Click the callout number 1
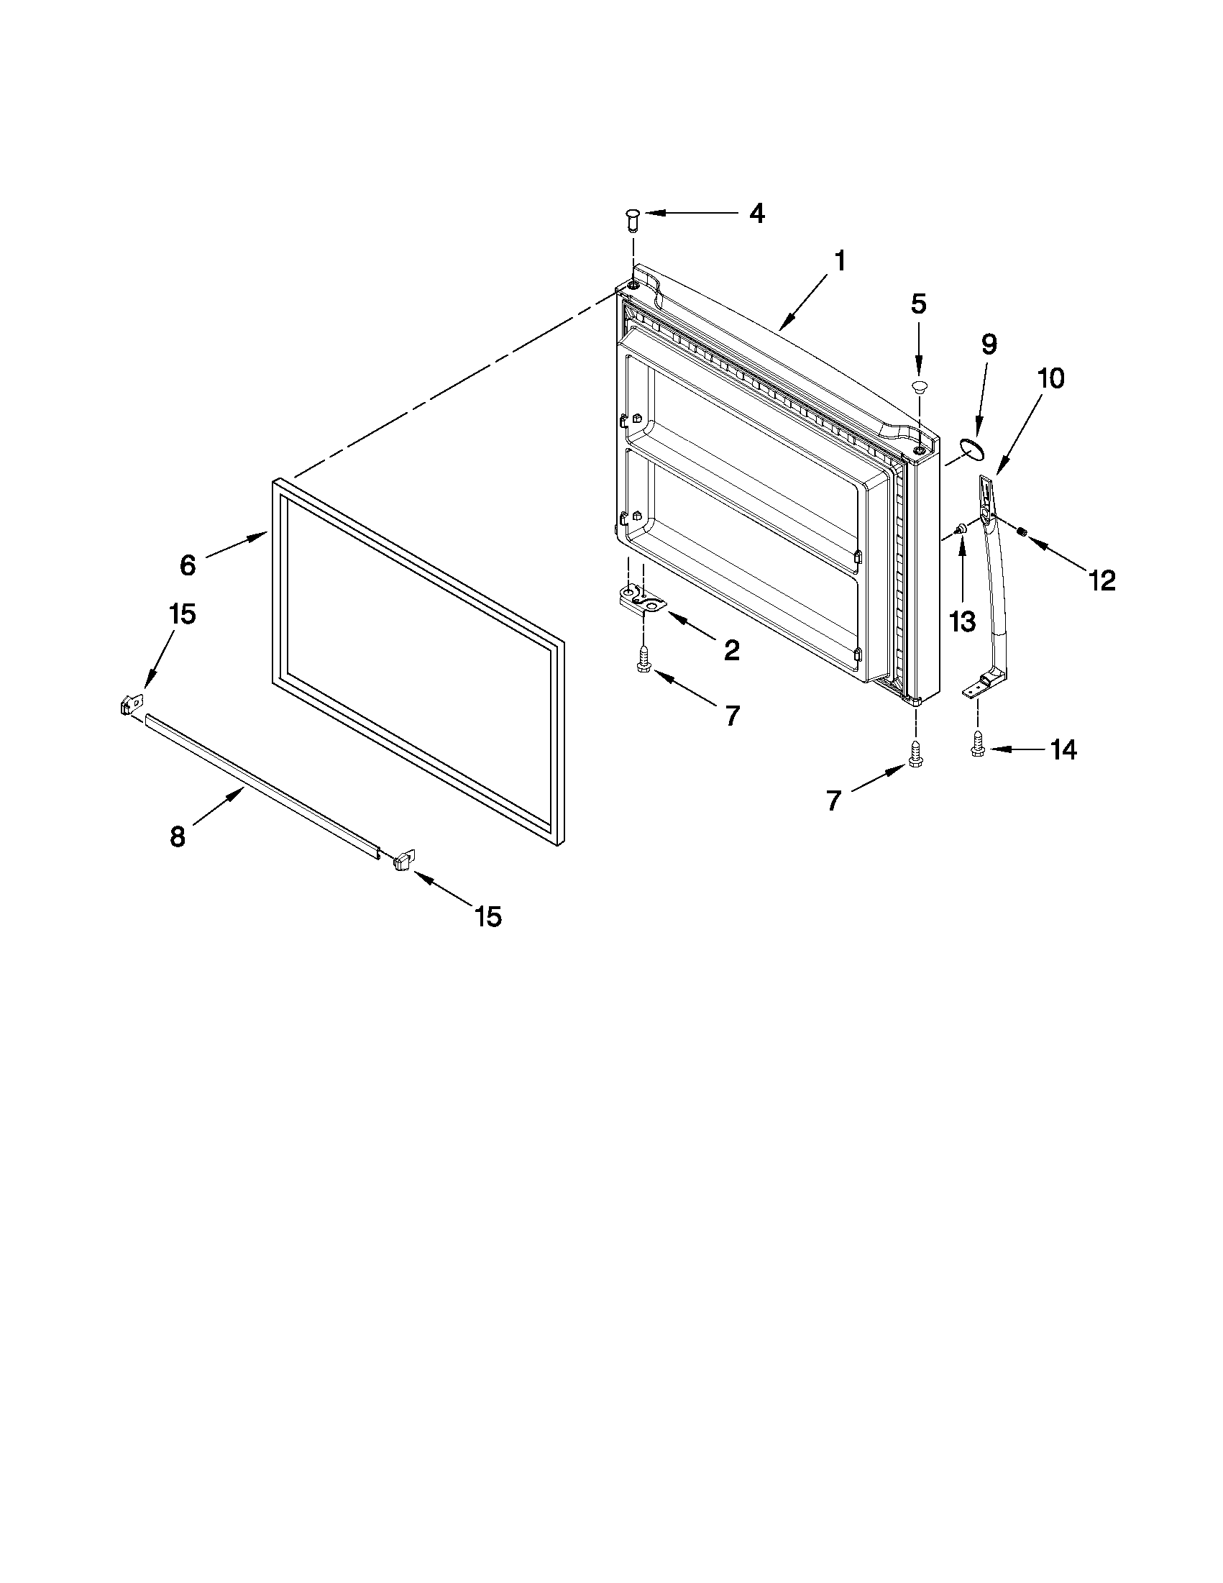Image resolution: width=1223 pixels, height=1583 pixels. (x=839, y=260)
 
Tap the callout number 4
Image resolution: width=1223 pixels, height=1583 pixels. (x=756, y=213)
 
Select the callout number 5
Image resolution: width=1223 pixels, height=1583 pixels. (x=918, y=304)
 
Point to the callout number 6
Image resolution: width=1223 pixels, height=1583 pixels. (x=188, y=565)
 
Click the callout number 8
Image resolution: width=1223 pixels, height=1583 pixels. (x=178, y=837)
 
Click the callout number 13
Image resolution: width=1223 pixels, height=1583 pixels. (x=963, y=621)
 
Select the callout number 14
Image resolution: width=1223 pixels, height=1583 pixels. (x=1063, y=750)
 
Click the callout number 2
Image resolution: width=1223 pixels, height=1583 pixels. (x=732, y=650)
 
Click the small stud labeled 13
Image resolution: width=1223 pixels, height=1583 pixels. (x=960, y=530)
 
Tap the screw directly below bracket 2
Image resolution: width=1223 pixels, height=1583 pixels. (x=642, y=660)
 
